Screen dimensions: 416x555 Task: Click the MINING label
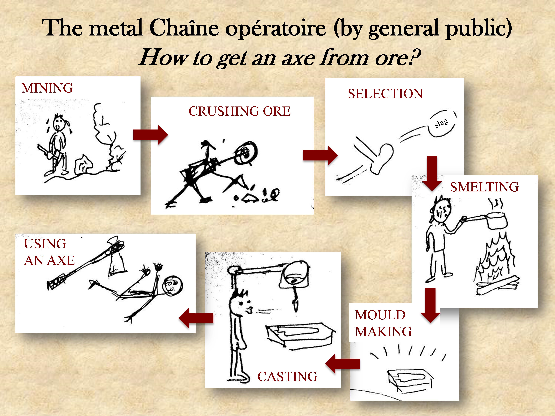pos(47,88)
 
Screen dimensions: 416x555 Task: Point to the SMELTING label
pos(484,187)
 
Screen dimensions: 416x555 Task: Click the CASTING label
pos(287,377)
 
